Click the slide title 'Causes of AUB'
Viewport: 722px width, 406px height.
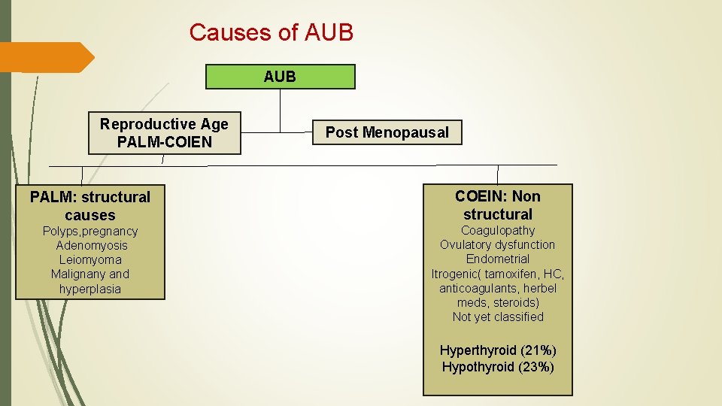271,32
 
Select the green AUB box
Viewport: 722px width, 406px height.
280,77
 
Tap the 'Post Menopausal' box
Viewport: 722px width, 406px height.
387,132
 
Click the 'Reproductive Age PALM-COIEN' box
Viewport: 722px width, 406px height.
164,133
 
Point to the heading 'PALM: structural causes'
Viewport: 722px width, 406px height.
90,206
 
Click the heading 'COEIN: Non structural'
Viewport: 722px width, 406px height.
497,205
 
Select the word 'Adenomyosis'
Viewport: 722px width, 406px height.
91,245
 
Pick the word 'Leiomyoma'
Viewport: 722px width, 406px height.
90,259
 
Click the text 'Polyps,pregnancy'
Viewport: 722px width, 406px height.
90,231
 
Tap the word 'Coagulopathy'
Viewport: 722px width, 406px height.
497,230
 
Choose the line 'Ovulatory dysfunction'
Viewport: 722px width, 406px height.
497,244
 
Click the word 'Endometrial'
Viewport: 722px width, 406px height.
497,259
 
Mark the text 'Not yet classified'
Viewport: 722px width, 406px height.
497,317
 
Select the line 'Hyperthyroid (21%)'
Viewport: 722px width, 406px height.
497,350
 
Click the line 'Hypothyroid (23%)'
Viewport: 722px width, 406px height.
497,367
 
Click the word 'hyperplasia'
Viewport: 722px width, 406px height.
90,289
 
